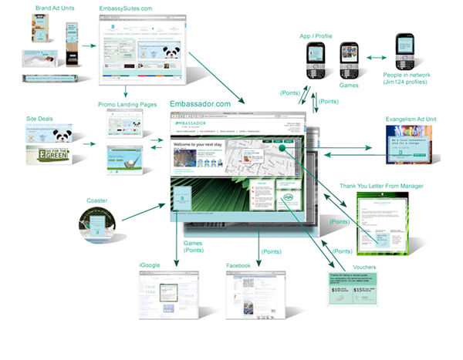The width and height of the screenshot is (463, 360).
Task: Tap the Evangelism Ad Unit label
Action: (x=417, y=119)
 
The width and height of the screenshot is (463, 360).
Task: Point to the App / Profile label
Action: (x=316, y=35)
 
